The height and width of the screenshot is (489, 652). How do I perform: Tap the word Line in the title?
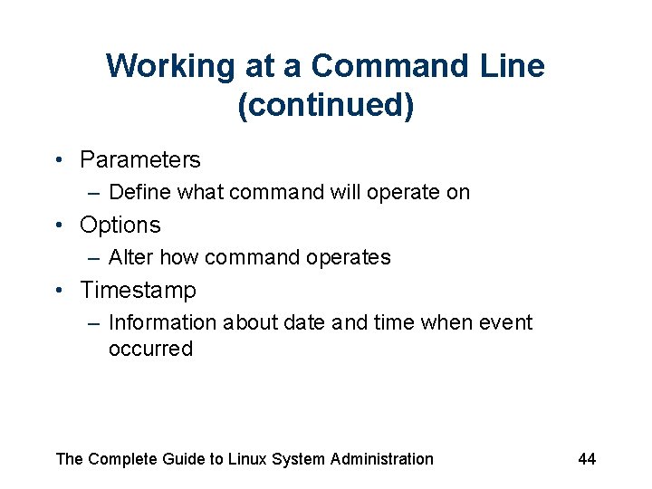click(x=513, y=66)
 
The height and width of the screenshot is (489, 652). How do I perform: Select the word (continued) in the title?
click(x=326, y=105)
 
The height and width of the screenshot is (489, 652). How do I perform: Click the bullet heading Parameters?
click(x=140, y=160)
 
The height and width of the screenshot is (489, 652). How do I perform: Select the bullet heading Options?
click(x=120, y=225)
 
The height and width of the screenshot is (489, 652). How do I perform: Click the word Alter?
click(x=130, y=257)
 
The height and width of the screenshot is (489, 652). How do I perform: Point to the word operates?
click(x=349, y=258)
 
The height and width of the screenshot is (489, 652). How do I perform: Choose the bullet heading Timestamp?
click(x=138, y=291)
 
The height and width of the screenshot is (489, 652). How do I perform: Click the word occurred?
click(x=150, y=349)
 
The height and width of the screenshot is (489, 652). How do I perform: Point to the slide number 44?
click(x=587, y=459)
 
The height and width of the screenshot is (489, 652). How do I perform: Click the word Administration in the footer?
click(x=381, y=459)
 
